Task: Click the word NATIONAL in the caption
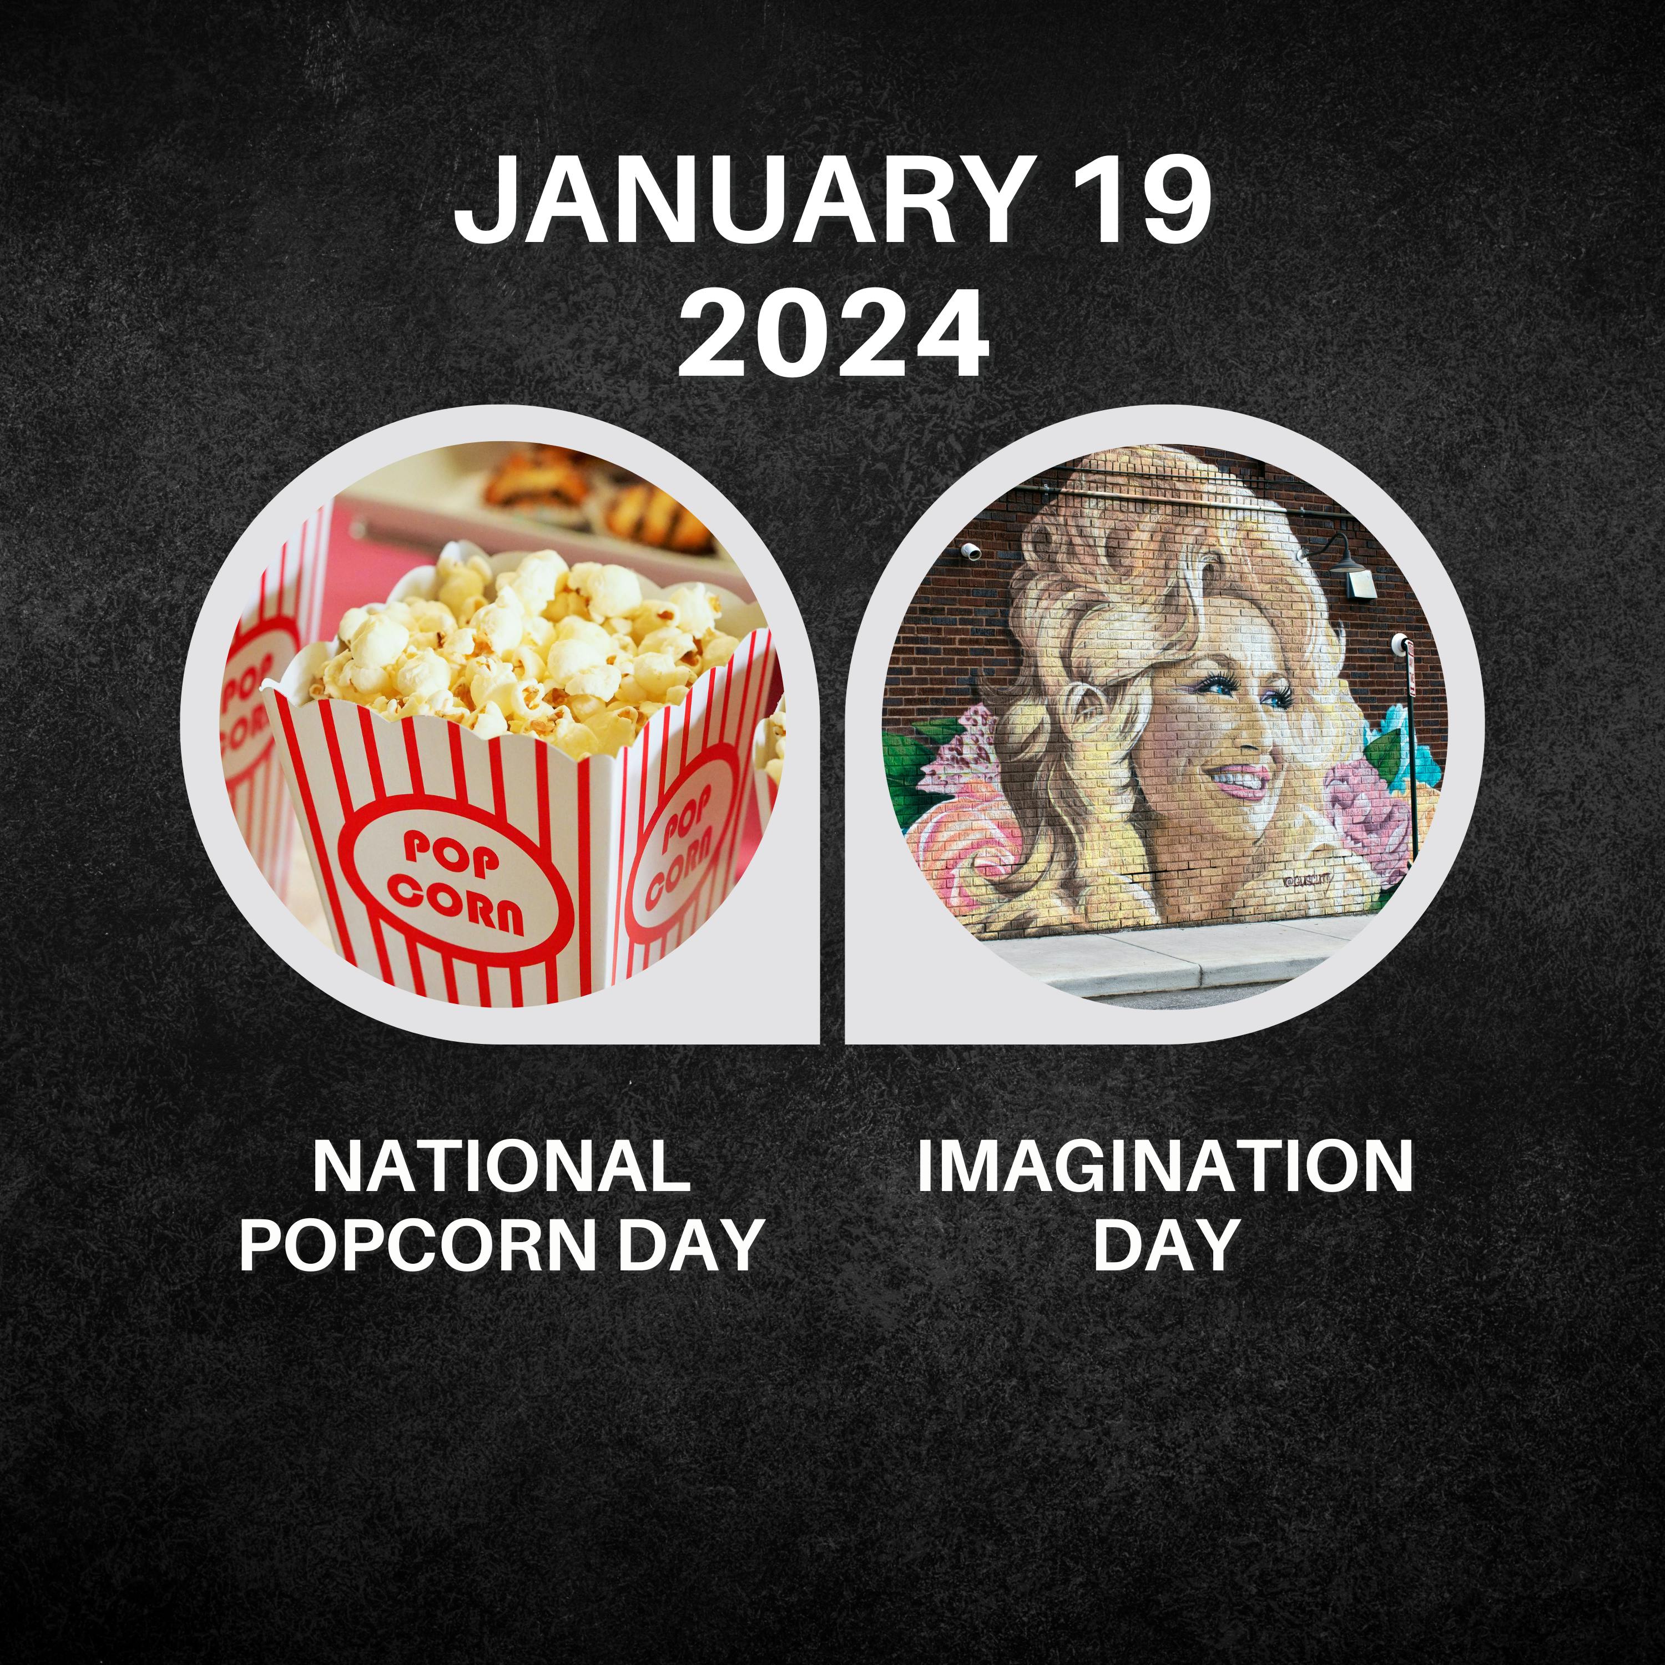[502, 1167]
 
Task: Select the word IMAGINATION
[1164, 1167]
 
